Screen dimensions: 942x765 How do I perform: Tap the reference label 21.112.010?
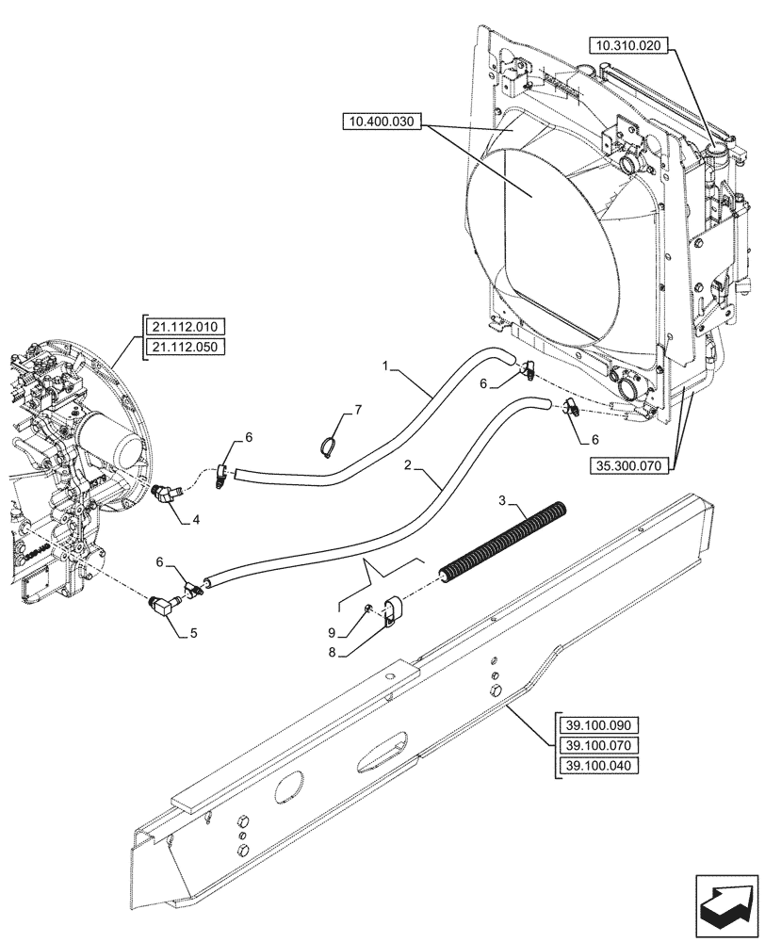[183, 327]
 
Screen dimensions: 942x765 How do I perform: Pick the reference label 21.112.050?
[183, 346]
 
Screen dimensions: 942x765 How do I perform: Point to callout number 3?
[503, 498]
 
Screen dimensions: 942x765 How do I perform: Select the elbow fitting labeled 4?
[170, 494]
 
